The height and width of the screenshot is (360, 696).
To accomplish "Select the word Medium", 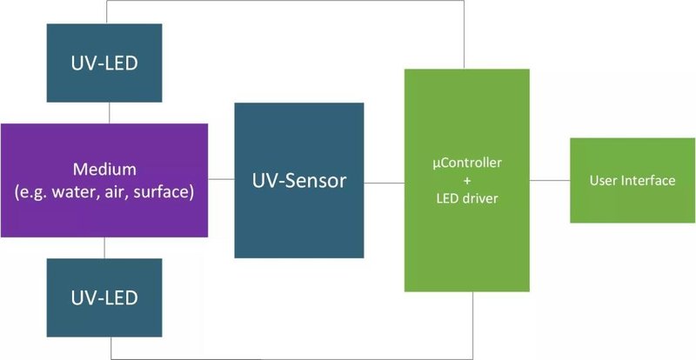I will coord(104,168).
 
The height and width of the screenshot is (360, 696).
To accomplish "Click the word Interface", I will coord(651,181).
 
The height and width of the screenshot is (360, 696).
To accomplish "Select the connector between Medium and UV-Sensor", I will coord(221,180).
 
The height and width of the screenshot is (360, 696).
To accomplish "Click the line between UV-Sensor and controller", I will coord(384,182).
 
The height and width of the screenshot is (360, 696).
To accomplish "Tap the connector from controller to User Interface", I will coord(548,180).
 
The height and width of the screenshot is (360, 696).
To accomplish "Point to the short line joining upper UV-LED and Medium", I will coord(107,114).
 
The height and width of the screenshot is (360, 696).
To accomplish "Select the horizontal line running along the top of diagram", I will coord(287,2).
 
